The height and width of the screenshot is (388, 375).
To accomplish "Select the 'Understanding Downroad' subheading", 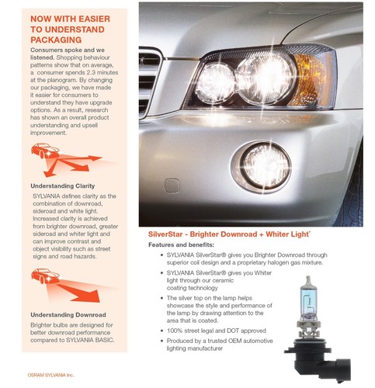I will point(68,314).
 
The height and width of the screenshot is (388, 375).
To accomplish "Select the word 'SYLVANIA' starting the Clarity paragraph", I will point(47,199).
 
